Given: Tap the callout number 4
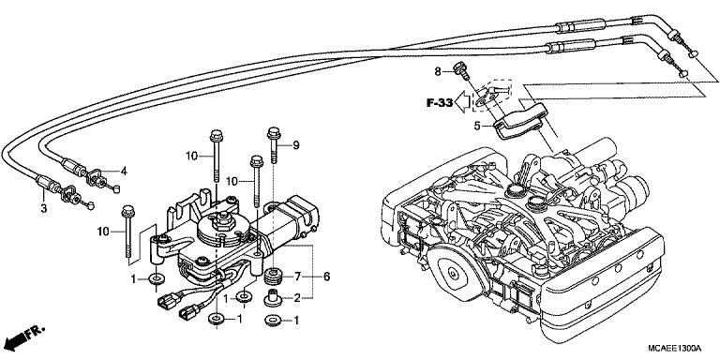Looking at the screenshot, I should [124, 170].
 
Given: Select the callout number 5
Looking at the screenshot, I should [477, 125].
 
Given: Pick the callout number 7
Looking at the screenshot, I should [298, 277].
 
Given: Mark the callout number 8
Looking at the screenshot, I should [437, 71].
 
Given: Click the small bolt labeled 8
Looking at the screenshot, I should [460, 68].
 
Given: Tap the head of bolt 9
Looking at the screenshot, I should [275, 131].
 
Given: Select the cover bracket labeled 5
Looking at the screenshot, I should [520, 119].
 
